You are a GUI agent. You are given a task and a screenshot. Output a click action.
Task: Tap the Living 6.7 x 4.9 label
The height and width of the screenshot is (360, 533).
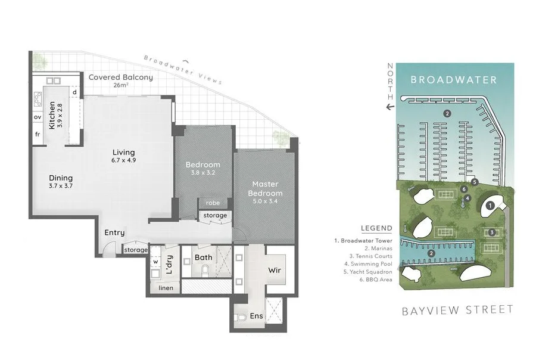point(123,156)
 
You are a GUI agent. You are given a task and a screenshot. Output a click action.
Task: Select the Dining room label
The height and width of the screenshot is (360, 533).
point(61,182)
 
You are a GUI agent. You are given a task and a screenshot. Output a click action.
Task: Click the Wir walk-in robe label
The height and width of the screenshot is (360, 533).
point(275,271)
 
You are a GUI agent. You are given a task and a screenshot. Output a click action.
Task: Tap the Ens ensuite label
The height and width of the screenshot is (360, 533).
point(257,315)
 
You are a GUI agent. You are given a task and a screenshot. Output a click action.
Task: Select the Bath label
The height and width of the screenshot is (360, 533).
point(204,257)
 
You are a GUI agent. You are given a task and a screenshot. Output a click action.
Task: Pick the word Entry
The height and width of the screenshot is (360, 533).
point(114,233)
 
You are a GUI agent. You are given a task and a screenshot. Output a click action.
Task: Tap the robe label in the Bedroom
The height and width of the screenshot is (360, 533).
point(212,203)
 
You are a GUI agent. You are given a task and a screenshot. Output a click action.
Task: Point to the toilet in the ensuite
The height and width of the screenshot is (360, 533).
point(241,318)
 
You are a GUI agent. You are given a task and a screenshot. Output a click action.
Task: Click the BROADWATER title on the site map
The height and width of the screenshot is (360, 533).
point(453,79)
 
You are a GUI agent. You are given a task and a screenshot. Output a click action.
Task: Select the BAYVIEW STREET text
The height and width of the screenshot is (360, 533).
point(457,310)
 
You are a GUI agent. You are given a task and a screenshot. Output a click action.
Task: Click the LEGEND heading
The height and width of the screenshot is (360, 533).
point(376,228)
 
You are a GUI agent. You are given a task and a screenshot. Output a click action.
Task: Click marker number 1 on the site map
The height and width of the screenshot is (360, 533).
point(490,206)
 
